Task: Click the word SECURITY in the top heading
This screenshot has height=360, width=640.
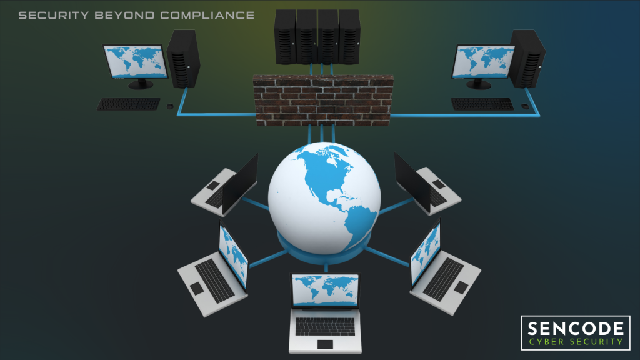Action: click(x=54, y=16)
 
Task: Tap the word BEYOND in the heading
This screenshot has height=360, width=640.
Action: click(x=124, y=16)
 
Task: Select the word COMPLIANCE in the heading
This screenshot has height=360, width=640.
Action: click(x=207, y=16)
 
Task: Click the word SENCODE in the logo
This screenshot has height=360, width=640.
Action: click(x=576, y=329)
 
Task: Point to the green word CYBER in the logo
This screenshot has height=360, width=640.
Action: click(x=546, y=342)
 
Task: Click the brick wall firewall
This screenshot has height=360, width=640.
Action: click(x=323, y=100)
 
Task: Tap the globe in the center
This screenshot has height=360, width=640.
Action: click(x=324, y=198)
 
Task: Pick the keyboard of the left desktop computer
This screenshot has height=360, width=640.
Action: click(x=128, y=104)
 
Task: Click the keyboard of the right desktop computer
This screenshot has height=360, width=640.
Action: click(x=482, y=104)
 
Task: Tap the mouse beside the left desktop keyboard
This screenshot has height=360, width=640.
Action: click(x=170, y=106)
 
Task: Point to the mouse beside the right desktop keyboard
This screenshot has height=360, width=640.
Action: click(x=525, y=106)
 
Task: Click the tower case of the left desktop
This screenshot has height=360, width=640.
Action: click(x=183, y=59)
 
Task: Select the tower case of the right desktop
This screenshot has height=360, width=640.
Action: click(x=527, y=59)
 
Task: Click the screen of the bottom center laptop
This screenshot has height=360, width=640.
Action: click(x=325, y=290)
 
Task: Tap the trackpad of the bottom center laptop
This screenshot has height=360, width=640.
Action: click(x=325, y=344)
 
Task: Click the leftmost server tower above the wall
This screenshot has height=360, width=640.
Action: click(x=285, y=37)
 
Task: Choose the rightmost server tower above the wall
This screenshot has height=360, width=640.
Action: click(x=349, y=37)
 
